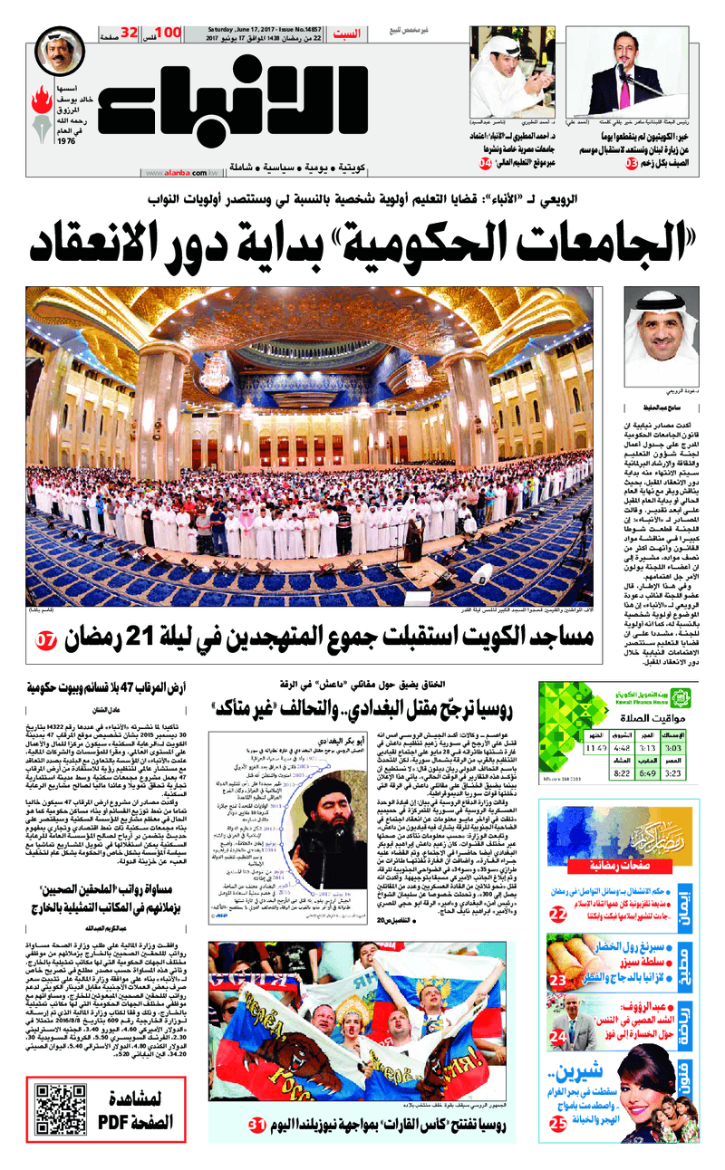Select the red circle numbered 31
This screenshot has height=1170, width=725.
click(256, 1126)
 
